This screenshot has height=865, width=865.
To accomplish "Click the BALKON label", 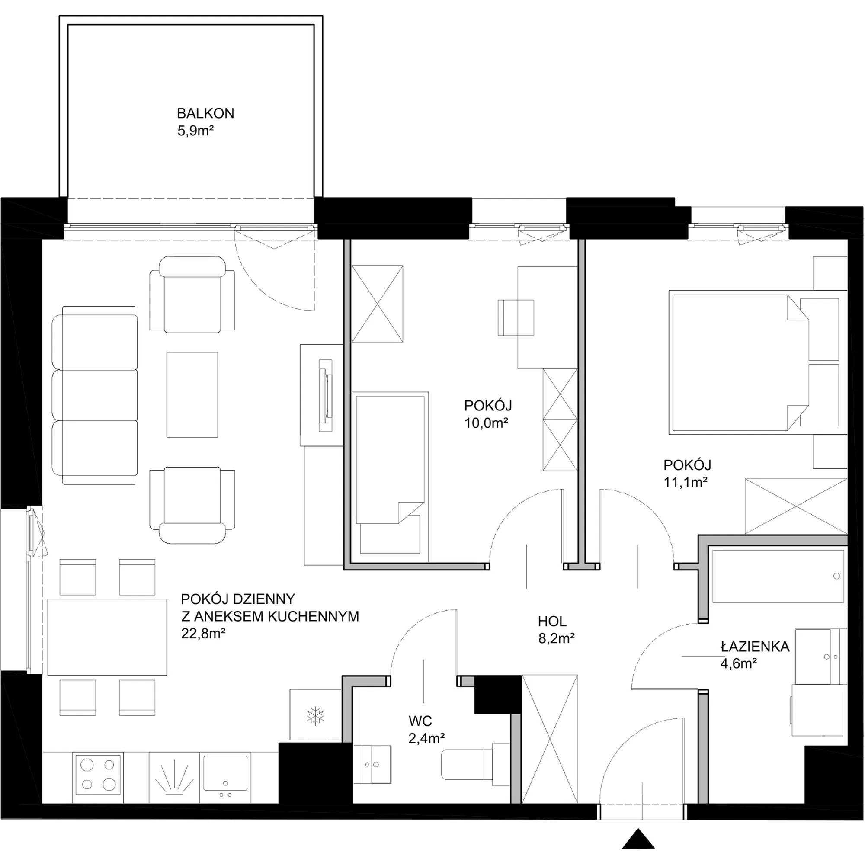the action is pos(205,113).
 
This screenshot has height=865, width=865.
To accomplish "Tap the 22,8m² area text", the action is pos(203,634).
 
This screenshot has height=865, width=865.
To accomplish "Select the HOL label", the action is pos(552,622).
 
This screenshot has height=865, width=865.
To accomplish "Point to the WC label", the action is pos(420,721).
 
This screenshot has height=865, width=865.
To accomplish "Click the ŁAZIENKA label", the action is pos(755,647).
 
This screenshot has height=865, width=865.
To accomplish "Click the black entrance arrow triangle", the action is pos(638,839).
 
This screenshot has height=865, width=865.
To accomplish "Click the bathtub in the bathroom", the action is pos(778,576).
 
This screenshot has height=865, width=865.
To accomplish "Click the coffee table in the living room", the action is pos(192,394).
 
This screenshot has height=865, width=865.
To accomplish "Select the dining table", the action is pos(107,637).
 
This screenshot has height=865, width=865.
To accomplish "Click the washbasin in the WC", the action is pos(372,764).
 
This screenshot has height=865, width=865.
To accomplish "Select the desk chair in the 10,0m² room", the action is pos(516,317).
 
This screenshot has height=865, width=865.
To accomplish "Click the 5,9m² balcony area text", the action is pos(195,131).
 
